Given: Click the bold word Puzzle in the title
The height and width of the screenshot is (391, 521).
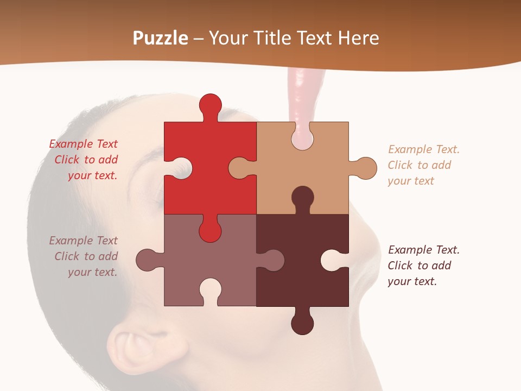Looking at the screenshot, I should (161, 38).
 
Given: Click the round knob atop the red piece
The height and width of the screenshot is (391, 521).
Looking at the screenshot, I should (210, 104).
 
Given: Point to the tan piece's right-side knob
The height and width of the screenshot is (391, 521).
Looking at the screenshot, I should (365, 168).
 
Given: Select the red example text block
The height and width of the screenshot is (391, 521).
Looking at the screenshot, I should (84, 160).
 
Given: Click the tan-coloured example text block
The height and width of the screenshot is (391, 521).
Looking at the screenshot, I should (424, 165).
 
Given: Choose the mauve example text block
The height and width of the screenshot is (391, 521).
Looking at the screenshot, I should (84, 256).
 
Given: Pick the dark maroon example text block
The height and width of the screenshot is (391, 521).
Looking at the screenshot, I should (424, 266).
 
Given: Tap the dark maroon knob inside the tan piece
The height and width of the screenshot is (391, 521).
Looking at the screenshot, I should (302, 198).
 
